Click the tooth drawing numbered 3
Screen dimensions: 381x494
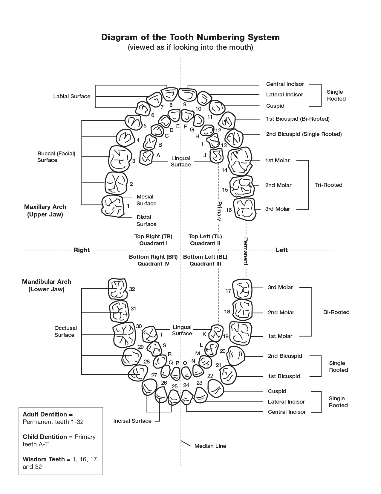tap(120, 159)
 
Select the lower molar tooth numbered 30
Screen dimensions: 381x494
tap(124, 335)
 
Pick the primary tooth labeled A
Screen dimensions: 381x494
tap(146, 157)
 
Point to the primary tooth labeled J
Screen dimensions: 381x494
tap(216, 156)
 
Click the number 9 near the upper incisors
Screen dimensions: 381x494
tap(185, 104)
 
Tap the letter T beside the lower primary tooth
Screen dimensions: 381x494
tap(161, 335)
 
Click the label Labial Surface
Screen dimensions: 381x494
tap(72, 96)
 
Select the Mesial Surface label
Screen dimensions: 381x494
tap(146, 200)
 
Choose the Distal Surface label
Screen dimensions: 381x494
tap(146, 221)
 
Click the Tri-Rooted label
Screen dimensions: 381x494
tap(329, 185)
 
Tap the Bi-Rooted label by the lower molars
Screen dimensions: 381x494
tap(336, 312)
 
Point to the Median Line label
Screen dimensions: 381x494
tap(210, 446)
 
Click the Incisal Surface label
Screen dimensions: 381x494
tap(132, 421)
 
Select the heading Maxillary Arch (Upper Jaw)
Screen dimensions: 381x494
tap(45, 210)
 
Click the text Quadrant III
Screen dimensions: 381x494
tap(205, 264)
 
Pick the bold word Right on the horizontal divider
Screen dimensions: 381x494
tap(82, 250)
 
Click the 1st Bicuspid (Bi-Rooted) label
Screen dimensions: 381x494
tap(298, 119)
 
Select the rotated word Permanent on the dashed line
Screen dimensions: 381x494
tap(246, 251)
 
